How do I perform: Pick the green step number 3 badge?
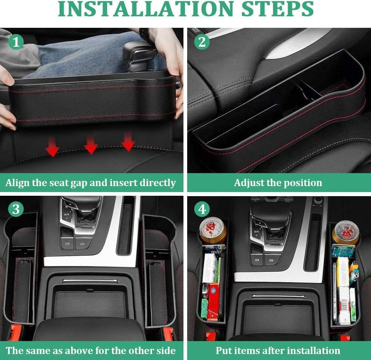tap(16, 209)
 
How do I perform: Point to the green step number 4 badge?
tap(202, 210)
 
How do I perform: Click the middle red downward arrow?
tap(90, 145)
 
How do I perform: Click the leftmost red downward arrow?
tap(52, 147)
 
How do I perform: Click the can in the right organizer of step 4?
tap(345, 232)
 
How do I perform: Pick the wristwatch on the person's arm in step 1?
tap(144, 35)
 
